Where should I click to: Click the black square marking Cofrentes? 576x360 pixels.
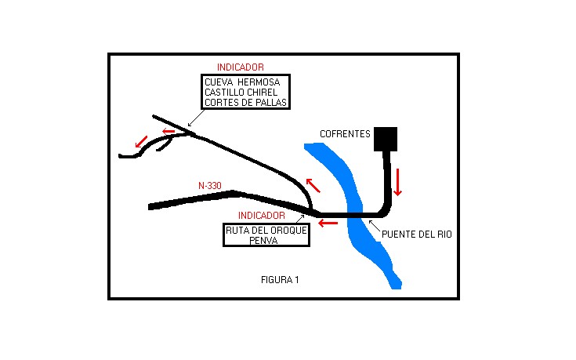coord(386,138)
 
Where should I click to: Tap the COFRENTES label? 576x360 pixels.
coord(345,134)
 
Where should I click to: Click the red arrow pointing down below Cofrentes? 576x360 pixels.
coord(398,182)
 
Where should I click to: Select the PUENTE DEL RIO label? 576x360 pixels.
coord(416,234)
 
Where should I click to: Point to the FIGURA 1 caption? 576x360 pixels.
coord(280,279)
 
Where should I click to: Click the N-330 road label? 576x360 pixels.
coord(210,186)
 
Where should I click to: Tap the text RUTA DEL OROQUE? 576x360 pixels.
coord(266,231)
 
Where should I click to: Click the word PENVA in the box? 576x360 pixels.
coord(266,241)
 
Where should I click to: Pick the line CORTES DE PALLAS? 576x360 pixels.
coord(245,104)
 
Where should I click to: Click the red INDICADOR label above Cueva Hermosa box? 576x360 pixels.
coord(240,67)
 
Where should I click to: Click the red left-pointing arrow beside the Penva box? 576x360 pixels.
coord(328,224)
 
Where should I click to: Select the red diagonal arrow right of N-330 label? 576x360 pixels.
coord(313,185)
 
